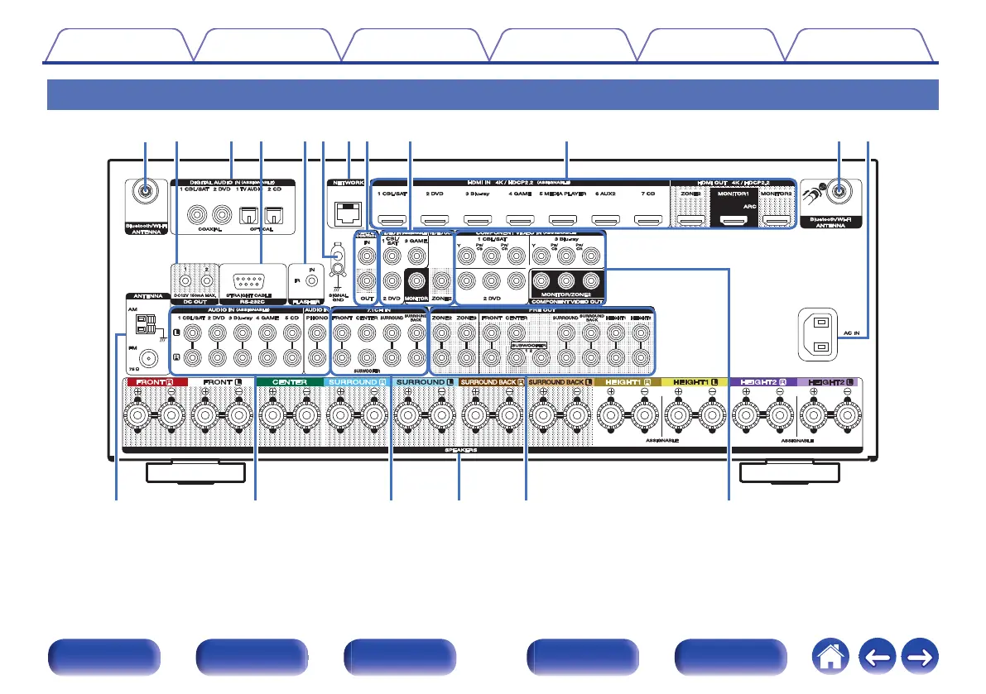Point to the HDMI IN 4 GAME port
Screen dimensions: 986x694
(521, 220)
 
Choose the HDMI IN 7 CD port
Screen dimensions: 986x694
(648, 220)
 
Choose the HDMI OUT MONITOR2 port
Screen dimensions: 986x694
(776, 220)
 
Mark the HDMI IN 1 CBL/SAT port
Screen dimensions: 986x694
(392, 220)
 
